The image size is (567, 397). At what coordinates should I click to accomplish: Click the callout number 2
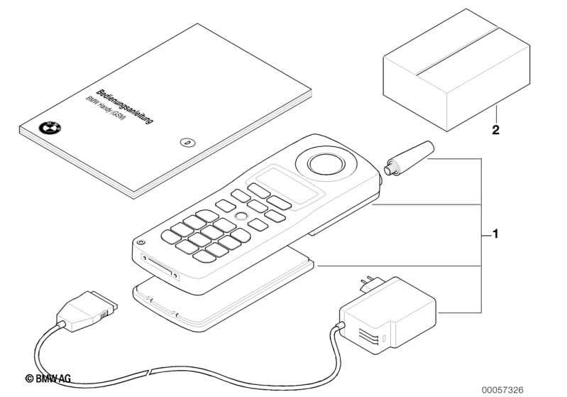pos(496,131)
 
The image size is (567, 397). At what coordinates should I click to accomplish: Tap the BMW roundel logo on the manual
pos(50,129)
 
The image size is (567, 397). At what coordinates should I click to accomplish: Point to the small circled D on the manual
pos(187,141)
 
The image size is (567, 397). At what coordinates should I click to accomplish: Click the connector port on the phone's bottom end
pos(162,266)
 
